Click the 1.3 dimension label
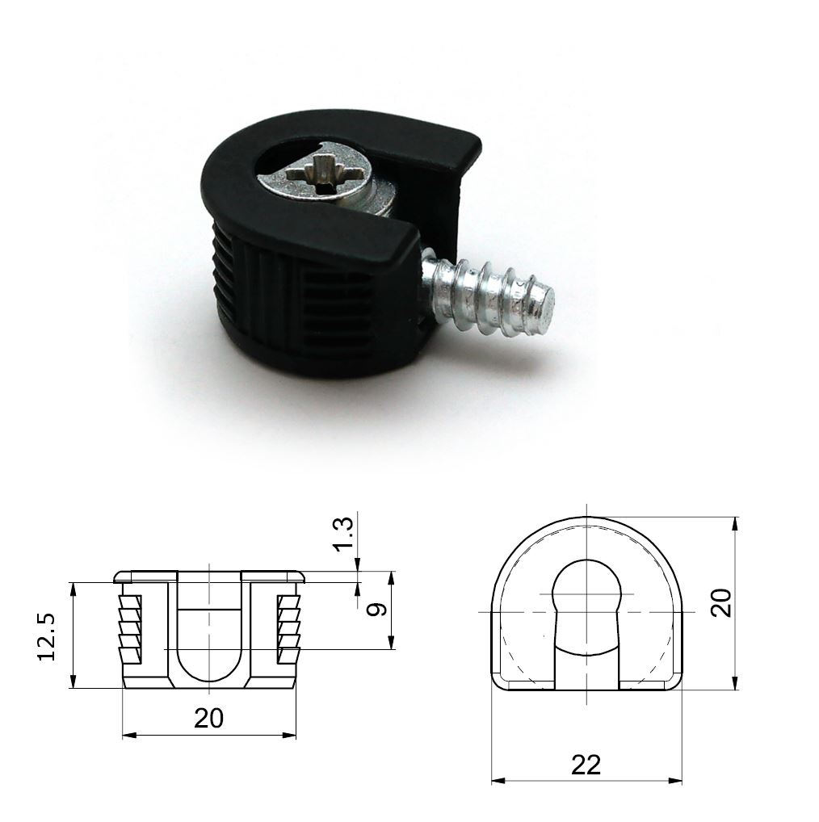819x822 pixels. pyautogui.click(x=343, y=535)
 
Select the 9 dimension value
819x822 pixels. pyautogui.click(x=373, y=609)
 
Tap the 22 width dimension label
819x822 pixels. pyautogui.click(x=586, y=764)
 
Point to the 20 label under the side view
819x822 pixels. pyautogui.click(x=208, y=718)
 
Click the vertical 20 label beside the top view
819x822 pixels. pyautogui.click(x=720, y=602)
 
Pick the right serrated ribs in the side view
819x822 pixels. pyautogui.click(x=288, y=626)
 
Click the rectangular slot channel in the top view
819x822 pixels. pyautogui.click(x=586, y=666)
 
